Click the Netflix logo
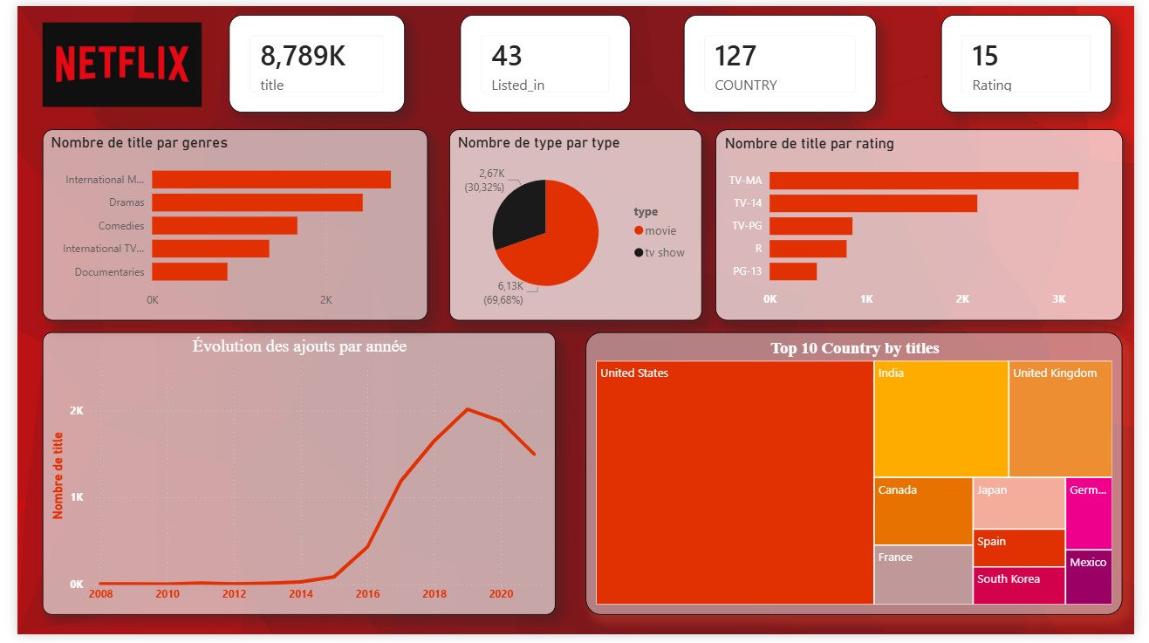[122, 64]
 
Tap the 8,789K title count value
[303, 55]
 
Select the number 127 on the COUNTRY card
[735, 55]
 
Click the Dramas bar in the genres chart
[257, 202]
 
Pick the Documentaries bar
[190, 271]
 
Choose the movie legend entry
[655, 230]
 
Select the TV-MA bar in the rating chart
[924, 181]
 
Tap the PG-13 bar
[793, 271]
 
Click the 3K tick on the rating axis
[1059, 299]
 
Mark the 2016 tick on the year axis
[368, 594]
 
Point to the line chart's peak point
[468, 409]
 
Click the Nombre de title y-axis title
[58, 475]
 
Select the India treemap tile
[941, 419]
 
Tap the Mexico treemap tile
[1089, 577]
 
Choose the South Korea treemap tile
[1019, 585]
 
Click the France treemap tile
[923, 575]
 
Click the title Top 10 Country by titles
[855, 348]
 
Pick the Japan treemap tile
[1019, 503]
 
